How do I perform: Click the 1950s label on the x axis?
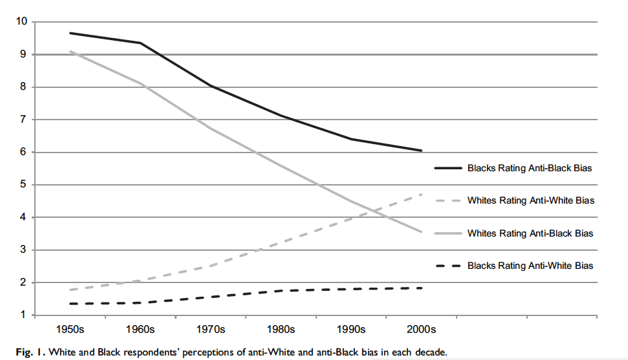[70, 330]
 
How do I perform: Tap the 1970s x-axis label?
[211, 330]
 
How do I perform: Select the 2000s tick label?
[421, 330]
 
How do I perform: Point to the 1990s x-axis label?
[351, 330]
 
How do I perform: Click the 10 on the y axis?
[21, 21]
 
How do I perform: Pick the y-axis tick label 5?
[24, 185]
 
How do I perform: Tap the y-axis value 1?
[24, 315]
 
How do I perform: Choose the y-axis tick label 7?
[24, 120]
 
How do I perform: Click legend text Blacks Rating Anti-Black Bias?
[530, 168]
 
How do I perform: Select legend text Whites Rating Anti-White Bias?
[531, 200]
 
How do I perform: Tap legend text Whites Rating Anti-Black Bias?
[530, 233]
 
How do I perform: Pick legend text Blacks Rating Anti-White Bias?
[530, 266]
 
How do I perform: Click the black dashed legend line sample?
[449, 266]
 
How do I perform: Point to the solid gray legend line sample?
[449, 233]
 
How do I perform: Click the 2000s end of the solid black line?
[421, 151]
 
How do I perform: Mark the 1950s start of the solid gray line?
[70, 51]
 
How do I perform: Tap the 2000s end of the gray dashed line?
[421, 195]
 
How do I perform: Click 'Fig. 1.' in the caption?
[31, 352]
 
